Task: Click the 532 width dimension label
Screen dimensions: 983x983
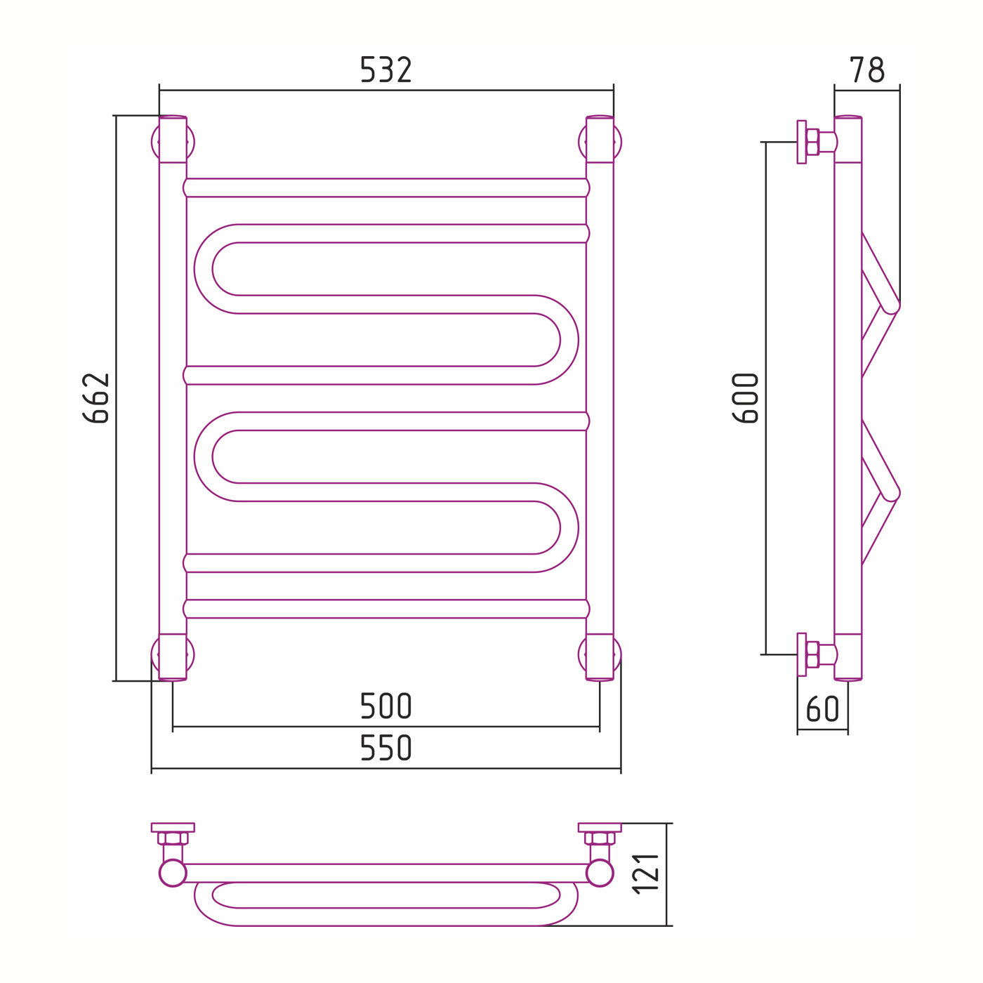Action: coord(385,70)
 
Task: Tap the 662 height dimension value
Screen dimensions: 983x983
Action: coord(96,398)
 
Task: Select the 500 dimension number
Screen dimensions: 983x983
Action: coord(385,706)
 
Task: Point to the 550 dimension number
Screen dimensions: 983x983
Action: coord(385,748)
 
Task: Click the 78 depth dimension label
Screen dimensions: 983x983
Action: coord(866,70)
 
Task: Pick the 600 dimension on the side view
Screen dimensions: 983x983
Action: coord(745,398)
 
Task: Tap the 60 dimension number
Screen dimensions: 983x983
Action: coord(822,708)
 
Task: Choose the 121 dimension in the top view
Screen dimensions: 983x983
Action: coord(646,874)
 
